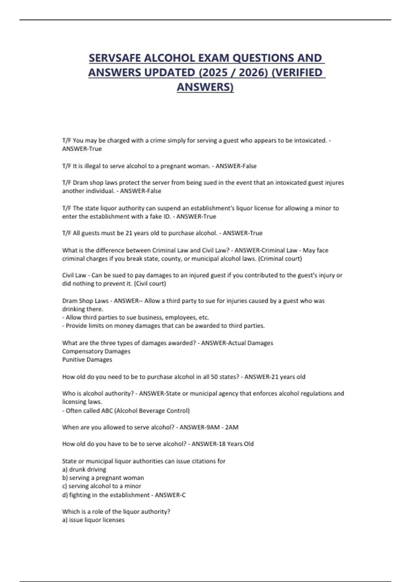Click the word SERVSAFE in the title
(x=115, y=58)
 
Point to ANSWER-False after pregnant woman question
(x=236, y=166)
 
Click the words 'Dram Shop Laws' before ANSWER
(x=85, y=301)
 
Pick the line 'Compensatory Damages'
(x=96, y=351)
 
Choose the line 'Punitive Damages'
(x=87, y=359)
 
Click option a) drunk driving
(x=84, y=469)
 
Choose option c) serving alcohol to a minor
(x=101, y=486)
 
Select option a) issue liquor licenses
(x=93, y=520)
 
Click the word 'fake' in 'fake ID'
(x=156, y=216)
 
